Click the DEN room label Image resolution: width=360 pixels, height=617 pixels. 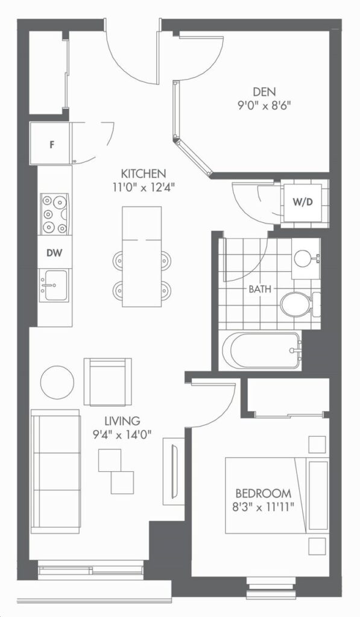(264, 92)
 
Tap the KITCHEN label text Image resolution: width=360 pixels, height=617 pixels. (143, 173)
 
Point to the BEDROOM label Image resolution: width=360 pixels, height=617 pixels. (264, 493)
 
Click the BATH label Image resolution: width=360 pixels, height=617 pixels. (260, 289)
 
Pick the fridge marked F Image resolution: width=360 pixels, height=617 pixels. (51, 143)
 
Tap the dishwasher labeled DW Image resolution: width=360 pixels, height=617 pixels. (54, 252)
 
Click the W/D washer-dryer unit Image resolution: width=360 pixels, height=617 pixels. (303, 202)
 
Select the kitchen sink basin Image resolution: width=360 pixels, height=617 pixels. (55, 285)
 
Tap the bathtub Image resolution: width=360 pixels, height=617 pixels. (261, 351)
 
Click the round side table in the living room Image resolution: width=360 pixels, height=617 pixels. (57, 382)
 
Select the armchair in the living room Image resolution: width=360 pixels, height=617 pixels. (107, 381)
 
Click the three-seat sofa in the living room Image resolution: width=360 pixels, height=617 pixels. (55, 471)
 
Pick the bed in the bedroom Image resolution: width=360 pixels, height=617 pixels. (277, 495)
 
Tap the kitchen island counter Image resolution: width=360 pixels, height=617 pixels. (142, 257)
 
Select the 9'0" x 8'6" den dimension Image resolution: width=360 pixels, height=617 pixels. (264, 106)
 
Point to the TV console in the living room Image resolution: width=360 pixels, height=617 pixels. (173, 471)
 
